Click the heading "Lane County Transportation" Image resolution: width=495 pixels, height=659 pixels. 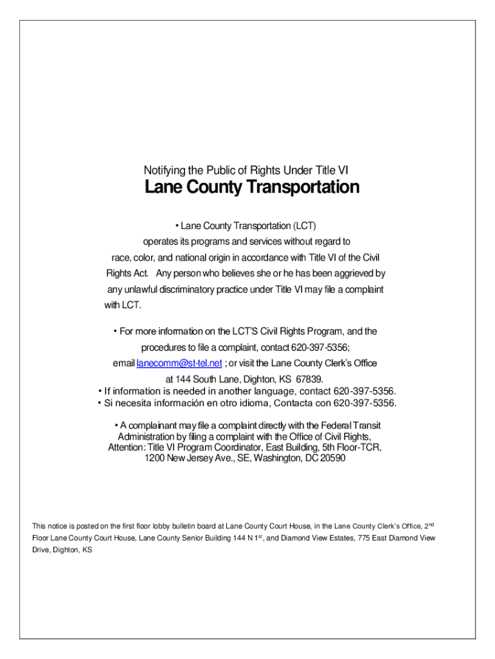coord(251,188)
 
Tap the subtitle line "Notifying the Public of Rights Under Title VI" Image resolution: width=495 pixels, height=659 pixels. coord(246,171)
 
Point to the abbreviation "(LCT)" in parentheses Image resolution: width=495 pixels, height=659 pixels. coord(305,226)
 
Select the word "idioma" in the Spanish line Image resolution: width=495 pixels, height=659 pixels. coord(253,404)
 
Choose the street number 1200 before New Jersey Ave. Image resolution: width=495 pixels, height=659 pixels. coord(155,459)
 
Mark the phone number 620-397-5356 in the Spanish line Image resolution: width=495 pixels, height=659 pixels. coord(364,404)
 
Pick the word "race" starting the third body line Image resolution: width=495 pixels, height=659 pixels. coord(123,258)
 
